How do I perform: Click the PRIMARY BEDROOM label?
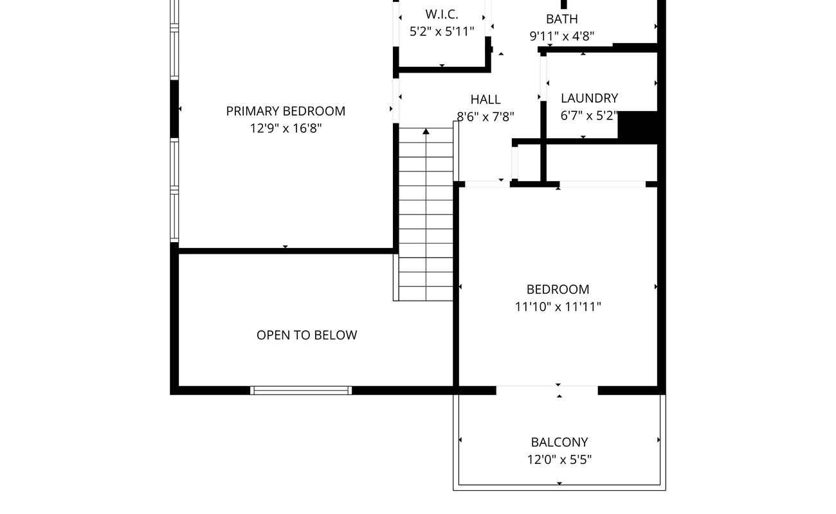(x=286, y=111)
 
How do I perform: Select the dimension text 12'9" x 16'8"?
(x=286, y=128)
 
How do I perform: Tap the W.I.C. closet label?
(x=442, y=15)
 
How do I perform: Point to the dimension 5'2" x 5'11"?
(x=442, y=31)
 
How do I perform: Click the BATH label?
(x=561, y=19)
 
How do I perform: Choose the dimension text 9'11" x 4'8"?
(x=561, y=36)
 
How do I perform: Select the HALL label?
(x=485, y=100)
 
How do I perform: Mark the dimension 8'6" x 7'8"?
(x=485, y=117)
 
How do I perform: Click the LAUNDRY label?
(x=589, y=98)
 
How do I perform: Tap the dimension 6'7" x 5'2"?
(x=589, y=116)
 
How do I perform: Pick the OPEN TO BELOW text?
(x=307, y=335)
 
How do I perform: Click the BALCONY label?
(x=559, y=443)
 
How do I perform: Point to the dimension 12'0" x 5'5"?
(x=559, y=459)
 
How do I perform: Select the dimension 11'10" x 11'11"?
(x=558, y=306)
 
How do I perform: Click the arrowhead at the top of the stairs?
(x=426, y=131)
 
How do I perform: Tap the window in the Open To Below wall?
(x=301, y=391)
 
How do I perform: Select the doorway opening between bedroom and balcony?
(x=547, y=391)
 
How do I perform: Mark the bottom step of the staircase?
(x=426, y=294)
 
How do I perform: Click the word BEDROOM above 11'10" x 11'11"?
(x=558, y=290)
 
